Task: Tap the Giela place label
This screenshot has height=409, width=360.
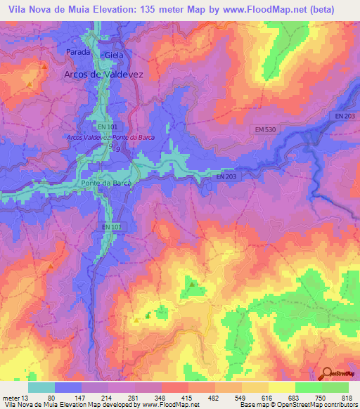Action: (x=113, y=55)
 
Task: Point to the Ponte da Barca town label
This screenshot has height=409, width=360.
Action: (x=105, y=183)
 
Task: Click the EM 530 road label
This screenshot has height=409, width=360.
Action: (x=264, y=130)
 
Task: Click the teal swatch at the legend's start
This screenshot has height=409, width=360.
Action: (x=41, y=387)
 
